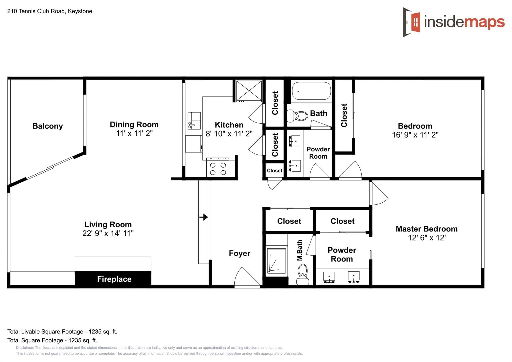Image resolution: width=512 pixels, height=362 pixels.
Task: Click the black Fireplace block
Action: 113,279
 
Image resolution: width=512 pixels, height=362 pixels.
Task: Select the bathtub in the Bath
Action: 311,91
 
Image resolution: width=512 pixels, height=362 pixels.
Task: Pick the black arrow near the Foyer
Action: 204,217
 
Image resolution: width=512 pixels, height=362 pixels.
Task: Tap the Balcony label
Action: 48,126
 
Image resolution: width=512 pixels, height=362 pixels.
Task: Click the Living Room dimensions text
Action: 108,233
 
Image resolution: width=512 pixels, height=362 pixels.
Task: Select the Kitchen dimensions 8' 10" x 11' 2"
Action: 229,134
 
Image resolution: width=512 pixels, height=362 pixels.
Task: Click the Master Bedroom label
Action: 427,229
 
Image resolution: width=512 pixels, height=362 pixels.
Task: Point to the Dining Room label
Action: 134,124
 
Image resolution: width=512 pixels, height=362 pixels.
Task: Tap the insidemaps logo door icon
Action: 411,22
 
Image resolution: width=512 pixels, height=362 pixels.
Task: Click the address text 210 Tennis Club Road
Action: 36,11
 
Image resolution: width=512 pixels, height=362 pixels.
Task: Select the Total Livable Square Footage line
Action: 62,332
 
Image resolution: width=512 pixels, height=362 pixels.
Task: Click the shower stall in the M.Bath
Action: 277,261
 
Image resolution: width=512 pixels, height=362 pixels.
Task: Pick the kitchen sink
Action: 194,121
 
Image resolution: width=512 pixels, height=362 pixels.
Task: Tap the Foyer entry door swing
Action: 247,277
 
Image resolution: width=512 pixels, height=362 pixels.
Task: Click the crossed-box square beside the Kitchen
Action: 249,91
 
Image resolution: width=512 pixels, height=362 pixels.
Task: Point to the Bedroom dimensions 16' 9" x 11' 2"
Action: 415,135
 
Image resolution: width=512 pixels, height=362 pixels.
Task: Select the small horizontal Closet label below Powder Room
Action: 274,171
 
